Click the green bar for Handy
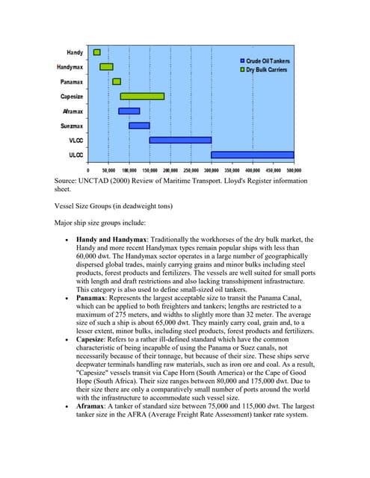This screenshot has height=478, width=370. (97, 52)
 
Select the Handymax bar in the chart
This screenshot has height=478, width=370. (106, 66)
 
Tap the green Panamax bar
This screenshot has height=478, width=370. (117, 81)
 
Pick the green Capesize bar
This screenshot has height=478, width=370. (142, 96)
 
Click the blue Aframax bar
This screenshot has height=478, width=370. (129, 111)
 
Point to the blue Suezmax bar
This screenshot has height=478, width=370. (139, 125)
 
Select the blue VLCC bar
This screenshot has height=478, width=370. (180, 140)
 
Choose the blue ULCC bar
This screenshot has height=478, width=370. (253, 155)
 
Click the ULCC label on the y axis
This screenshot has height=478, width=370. (75, 155)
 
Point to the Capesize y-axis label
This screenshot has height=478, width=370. (72, 96)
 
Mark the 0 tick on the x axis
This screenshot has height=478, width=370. (88, 170)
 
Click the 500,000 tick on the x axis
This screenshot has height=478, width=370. (292, 170)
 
